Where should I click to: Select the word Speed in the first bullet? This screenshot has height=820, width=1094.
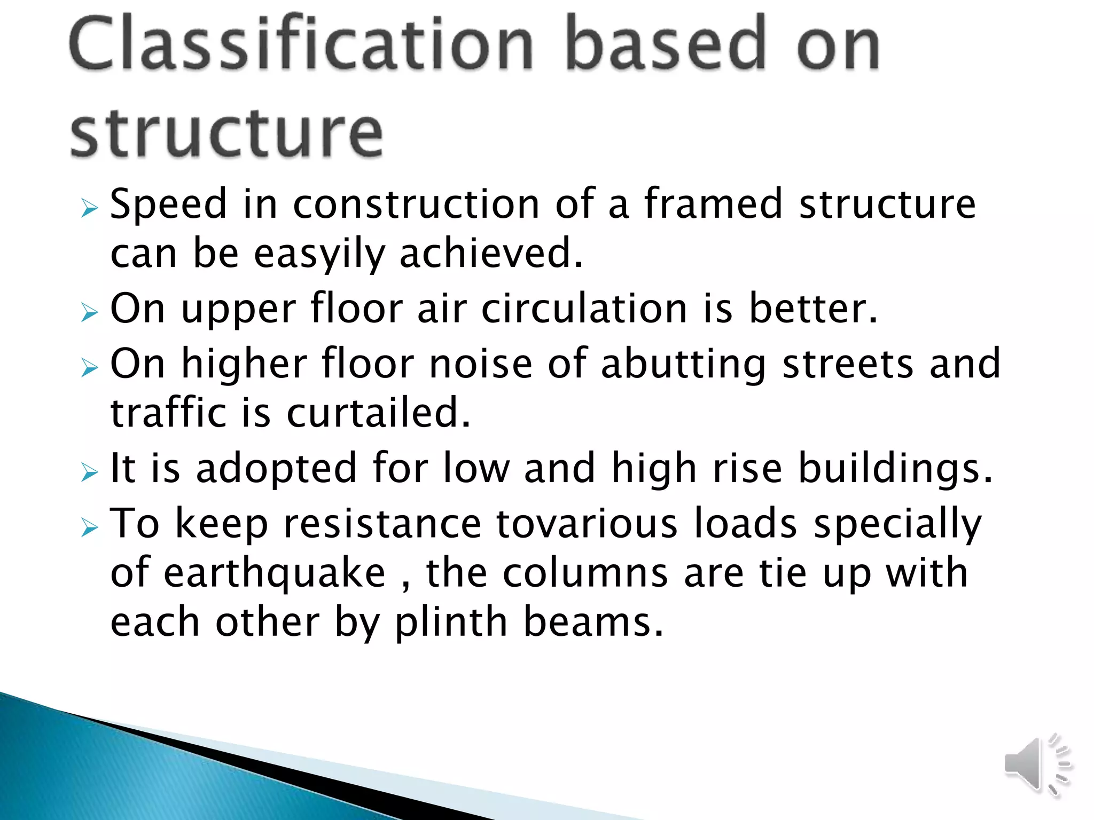pyautogui.click(x=168, y=204)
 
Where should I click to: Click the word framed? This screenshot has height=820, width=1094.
pyautogui.click(x=713, y=204)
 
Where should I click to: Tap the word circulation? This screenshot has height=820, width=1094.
pyautogui.click(x=584, y=309)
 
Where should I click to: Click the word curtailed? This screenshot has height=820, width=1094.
pyautogui.click(x=379, y=413)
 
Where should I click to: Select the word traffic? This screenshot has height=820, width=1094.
pyautogui.click(x=168, y=413)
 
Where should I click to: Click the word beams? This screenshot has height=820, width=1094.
pyautogui.click(x=593, y=622)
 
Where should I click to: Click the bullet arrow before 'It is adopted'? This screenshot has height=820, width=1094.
pyautogui.click(x=90, y=472)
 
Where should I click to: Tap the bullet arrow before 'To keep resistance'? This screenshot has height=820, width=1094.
pyautogui.click(x=90, y=528)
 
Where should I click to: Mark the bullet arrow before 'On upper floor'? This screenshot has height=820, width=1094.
pyautogui.click(x=90, y=313)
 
